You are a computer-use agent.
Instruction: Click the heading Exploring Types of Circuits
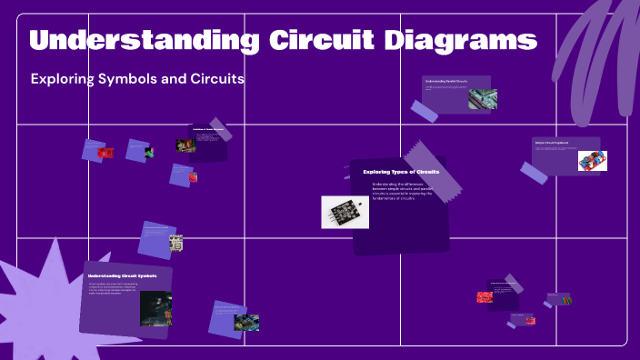coord(401,171)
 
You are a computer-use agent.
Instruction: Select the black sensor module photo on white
coord(345,212)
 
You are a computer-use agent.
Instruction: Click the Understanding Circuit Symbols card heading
coord(122,275)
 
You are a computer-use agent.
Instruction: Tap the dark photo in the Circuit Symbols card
coord(155,308)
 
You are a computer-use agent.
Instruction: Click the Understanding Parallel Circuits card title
coord(446,82)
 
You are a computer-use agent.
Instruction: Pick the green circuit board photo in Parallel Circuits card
coord(482,99)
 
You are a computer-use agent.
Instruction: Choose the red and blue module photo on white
coord(592,161)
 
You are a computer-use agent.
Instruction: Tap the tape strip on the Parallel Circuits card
coord(424,111)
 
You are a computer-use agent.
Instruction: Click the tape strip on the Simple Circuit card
coord(534,171)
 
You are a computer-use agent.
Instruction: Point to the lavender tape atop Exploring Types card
coord(426,158)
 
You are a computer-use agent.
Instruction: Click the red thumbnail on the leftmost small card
coord(105,153)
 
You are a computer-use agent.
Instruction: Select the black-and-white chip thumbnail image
coord(175,243)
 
